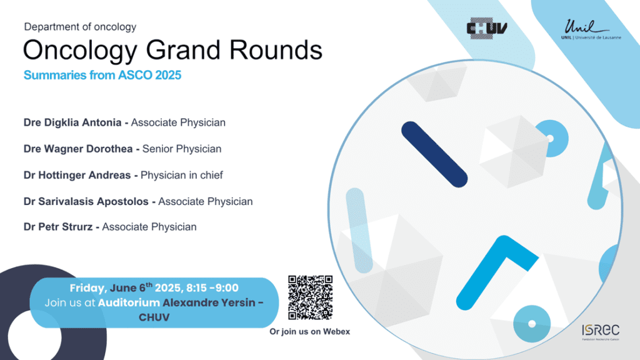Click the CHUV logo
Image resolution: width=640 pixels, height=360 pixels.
(486, 28)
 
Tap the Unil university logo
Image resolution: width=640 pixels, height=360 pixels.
(591, 29)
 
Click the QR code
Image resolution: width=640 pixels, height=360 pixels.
(310, 297)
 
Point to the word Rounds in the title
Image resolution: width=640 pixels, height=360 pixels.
(276, 50)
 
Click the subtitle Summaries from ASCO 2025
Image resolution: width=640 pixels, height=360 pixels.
(102, 75)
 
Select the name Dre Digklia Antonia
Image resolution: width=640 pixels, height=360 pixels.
(72, 122)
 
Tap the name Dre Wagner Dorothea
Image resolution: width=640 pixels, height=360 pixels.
(78, 149)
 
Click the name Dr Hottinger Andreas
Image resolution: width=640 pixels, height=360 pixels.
(77, 175)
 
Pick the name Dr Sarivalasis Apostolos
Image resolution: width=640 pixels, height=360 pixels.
(86, 201)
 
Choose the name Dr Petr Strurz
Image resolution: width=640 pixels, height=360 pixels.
(58, 227)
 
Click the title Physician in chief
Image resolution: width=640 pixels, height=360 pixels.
(182, 175)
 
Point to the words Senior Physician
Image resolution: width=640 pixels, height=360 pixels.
(182, 149)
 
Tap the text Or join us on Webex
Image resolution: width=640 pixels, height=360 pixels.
(310, 331)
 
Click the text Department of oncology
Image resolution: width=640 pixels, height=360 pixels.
(80, 27)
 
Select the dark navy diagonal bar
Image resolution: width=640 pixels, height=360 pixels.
(434, 154)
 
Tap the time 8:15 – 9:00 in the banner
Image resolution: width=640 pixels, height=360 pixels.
(212, 287)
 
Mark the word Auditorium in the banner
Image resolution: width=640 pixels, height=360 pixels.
(129, 302)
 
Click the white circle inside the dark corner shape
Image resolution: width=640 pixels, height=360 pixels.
(34, 337)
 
